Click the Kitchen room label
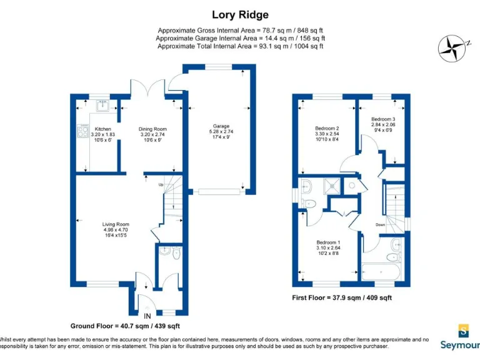[x=102, y=129]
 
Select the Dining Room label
[x=152, y=129]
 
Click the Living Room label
[x=116, y=224]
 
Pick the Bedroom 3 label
[x=383, y=119]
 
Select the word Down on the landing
[x=381, y=224]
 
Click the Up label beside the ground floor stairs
[x=160, y=185]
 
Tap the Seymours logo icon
[x=463, y=330]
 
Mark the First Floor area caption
[x=342, y=298]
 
